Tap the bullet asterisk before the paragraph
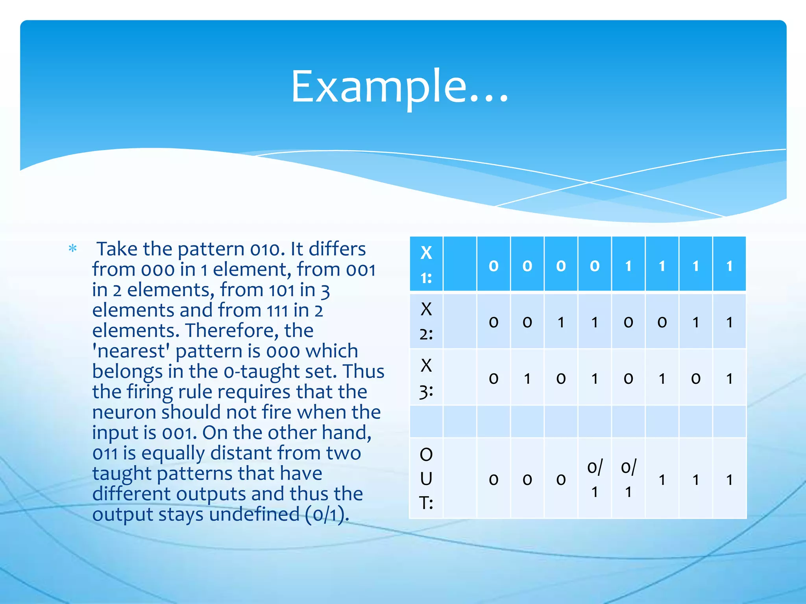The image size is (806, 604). (x=73, y=249)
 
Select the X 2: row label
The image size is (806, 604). (x=426, y=321)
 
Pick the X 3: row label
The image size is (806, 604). (x=426, y=377)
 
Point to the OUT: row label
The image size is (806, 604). (x=426, y=479)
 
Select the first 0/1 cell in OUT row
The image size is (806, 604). (x=595, y=479)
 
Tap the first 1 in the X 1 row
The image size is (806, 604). (x=629, y=266)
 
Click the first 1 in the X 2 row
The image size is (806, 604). (x=561, y=322)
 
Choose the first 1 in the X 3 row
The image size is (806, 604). (x=527, y=378)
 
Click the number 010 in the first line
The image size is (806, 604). (x=267, y=249)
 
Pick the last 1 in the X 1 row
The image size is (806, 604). (x=729, y=266)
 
